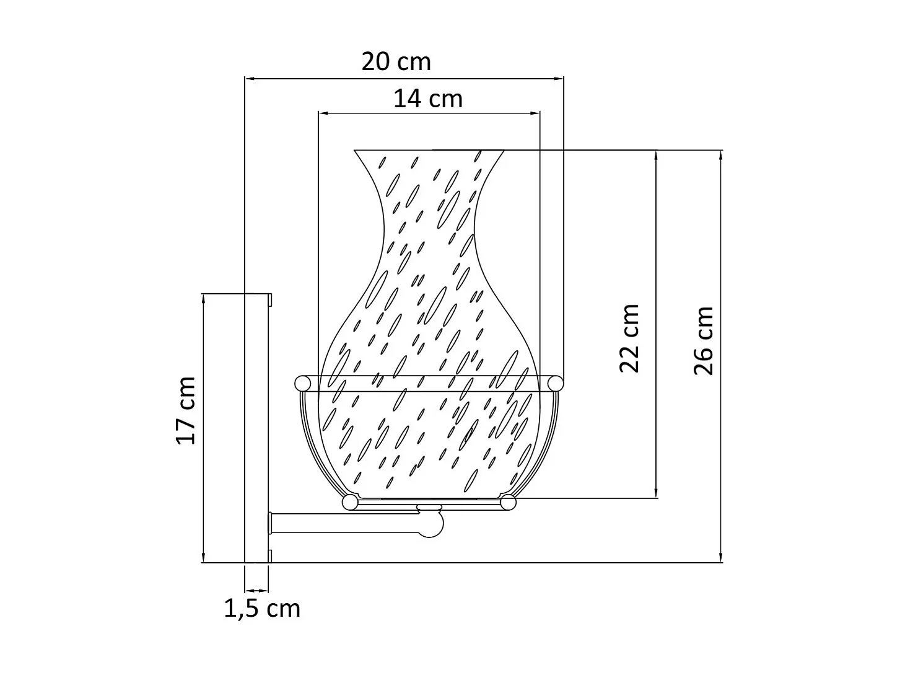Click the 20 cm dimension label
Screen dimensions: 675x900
tap(396, 62)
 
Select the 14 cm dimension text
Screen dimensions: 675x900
tap(428, 99)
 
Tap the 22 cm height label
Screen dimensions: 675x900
tap(629, 338)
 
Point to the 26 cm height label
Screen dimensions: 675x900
tap(704, 340)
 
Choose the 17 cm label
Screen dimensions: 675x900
tap(186, 410)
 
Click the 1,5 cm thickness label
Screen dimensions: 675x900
tap(262, 609)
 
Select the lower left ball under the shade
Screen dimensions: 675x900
tap(350, 502)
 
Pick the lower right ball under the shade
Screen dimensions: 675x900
tap(509, 502)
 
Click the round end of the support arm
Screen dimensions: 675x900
tap(432, 525)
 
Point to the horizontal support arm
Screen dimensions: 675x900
tap(347, 524)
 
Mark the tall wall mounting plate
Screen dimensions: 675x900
tap(256, 428)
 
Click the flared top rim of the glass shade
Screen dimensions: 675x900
tap(429, 151)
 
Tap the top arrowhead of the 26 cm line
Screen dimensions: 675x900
tap(721, 154)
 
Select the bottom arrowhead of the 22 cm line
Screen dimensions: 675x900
tap(657, 493)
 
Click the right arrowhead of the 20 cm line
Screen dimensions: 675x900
tap(560, 79)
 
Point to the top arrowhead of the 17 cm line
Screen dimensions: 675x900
tap(203, 298)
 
